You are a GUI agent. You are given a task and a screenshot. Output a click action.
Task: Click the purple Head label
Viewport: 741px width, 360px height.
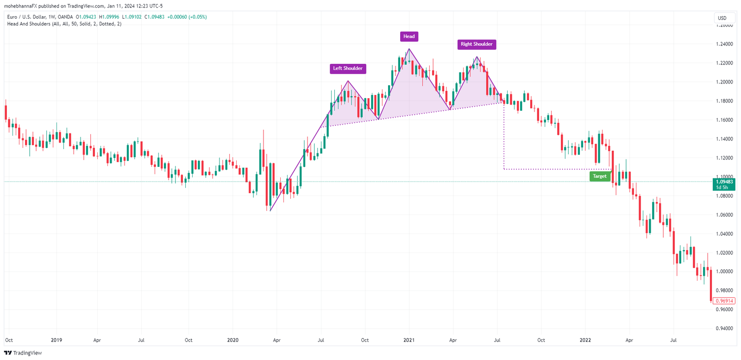click(x=409, y=37)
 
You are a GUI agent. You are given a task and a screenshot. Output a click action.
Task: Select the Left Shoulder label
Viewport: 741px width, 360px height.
click(x=348, y=69)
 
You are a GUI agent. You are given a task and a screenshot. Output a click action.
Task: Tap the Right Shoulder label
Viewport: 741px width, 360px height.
click(x=477, y=44)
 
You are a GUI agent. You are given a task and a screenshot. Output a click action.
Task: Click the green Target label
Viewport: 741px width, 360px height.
click(x=599, y=176)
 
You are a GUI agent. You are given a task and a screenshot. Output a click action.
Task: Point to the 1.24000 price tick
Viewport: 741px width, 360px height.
click(x=724, y=44)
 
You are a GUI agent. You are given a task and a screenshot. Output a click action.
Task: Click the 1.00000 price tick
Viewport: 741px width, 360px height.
click(x=724, y=272)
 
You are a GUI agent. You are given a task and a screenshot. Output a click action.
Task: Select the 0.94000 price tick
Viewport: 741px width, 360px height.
click(x=724, y=328)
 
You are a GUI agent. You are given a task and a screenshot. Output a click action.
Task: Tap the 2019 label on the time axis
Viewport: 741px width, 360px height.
click(x=57, y=340)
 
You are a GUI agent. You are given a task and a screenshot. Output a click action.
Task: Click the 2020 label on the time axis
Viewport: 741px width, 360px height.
click(x=233, y=340)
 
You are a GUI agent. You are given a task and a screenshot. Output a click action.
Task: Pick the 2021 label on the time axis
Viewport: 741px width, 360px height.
click(x=409, y=340)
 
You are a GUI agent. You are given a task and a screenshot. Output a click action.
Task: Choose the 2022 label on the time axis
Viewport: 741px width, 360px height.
click(x=585, y=340)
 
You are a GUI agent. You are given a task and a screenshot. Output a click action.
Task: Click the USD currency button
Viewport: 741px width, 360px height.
click(x=722, y=18)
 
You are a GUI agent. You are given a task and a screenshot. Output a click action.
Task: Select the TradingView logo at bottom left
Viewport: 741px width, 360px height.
click(x=23, y=353)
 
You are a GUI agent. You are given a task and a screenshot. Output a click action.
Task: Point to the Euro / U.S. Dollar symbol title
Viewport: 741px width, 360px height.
click(x=40, y=17)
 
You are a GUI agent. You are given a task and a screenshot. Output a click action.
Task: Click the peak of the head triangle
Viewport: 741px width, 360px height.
click(x=409, y=49)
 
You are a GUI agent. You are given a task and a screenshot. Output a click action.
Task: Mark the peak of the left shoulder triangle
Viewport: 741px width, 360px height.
click(x=348, y=81)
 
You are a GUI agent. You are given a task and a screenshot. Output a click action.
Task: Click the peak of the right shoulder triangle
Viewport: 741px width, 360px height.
click(x=477, y=57)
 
